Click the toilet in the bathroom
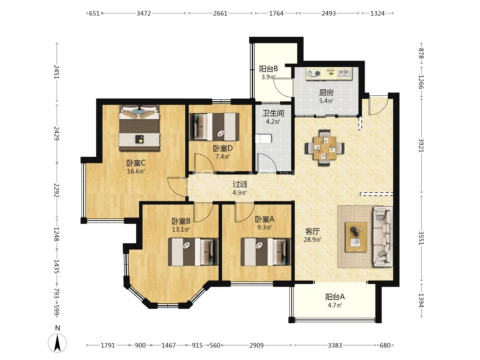263,139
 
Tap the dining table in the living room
325,148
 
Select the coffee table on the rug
356,237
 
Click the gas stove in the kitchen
313,73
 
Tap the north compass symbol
57,343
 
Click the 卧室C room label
136,163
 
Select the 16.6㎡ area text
136,171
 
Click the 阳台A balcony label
335,297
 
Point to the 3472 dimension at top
144,14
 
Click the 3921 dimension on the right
421,145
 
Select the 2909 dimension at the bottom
257,345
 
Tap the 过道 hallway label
240,184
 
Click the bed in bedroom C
139,128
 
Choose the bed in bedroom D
214,127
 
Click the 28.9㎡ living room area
312,240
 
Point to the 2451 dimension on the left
57,72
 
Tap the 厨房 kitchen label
326,93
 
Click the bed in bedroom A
265,252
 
